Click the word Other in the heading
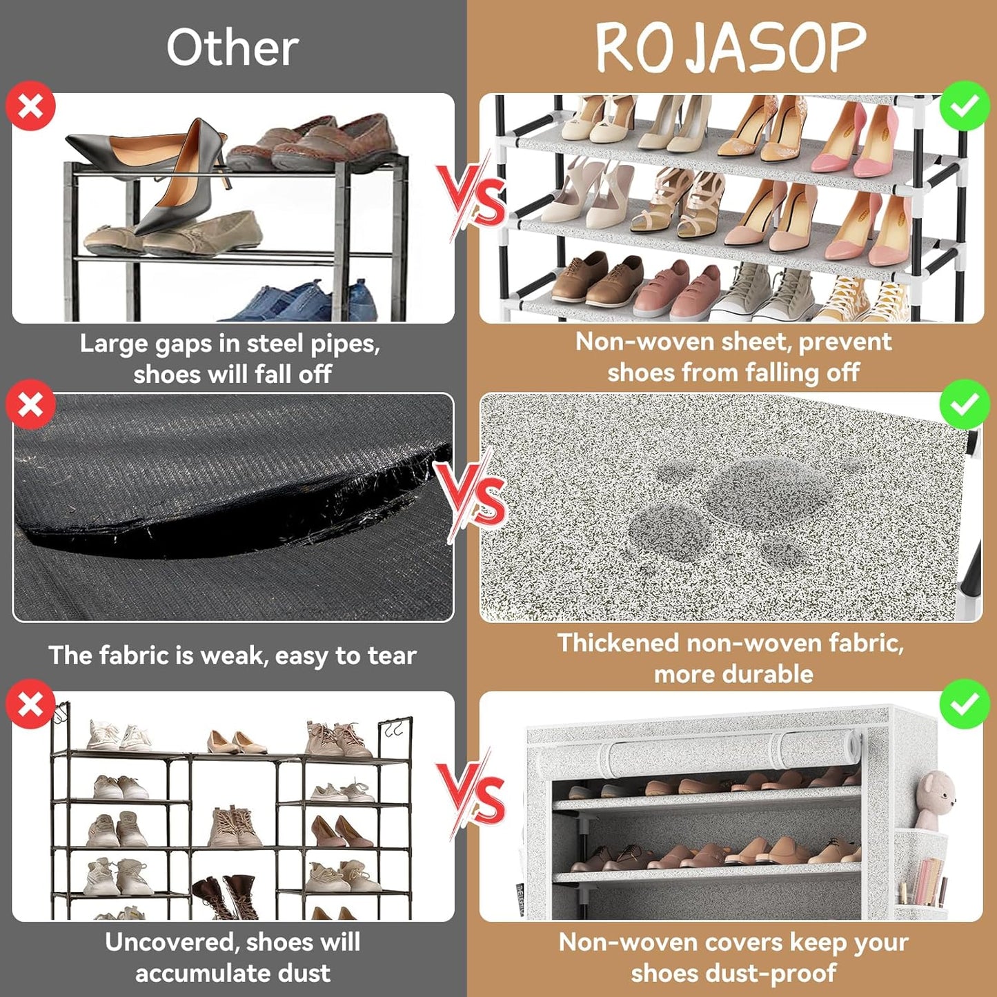pos(233,48)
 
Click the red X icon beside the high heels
pos(30,106)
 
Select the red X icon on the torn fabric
pos(30,404)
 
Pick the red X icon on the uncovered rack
pos(30,704)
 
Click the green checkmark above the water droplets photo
pos(965,404)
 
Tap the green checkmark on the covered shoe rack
pos(965,704)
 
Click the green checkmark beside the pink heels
pos(965,106)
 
